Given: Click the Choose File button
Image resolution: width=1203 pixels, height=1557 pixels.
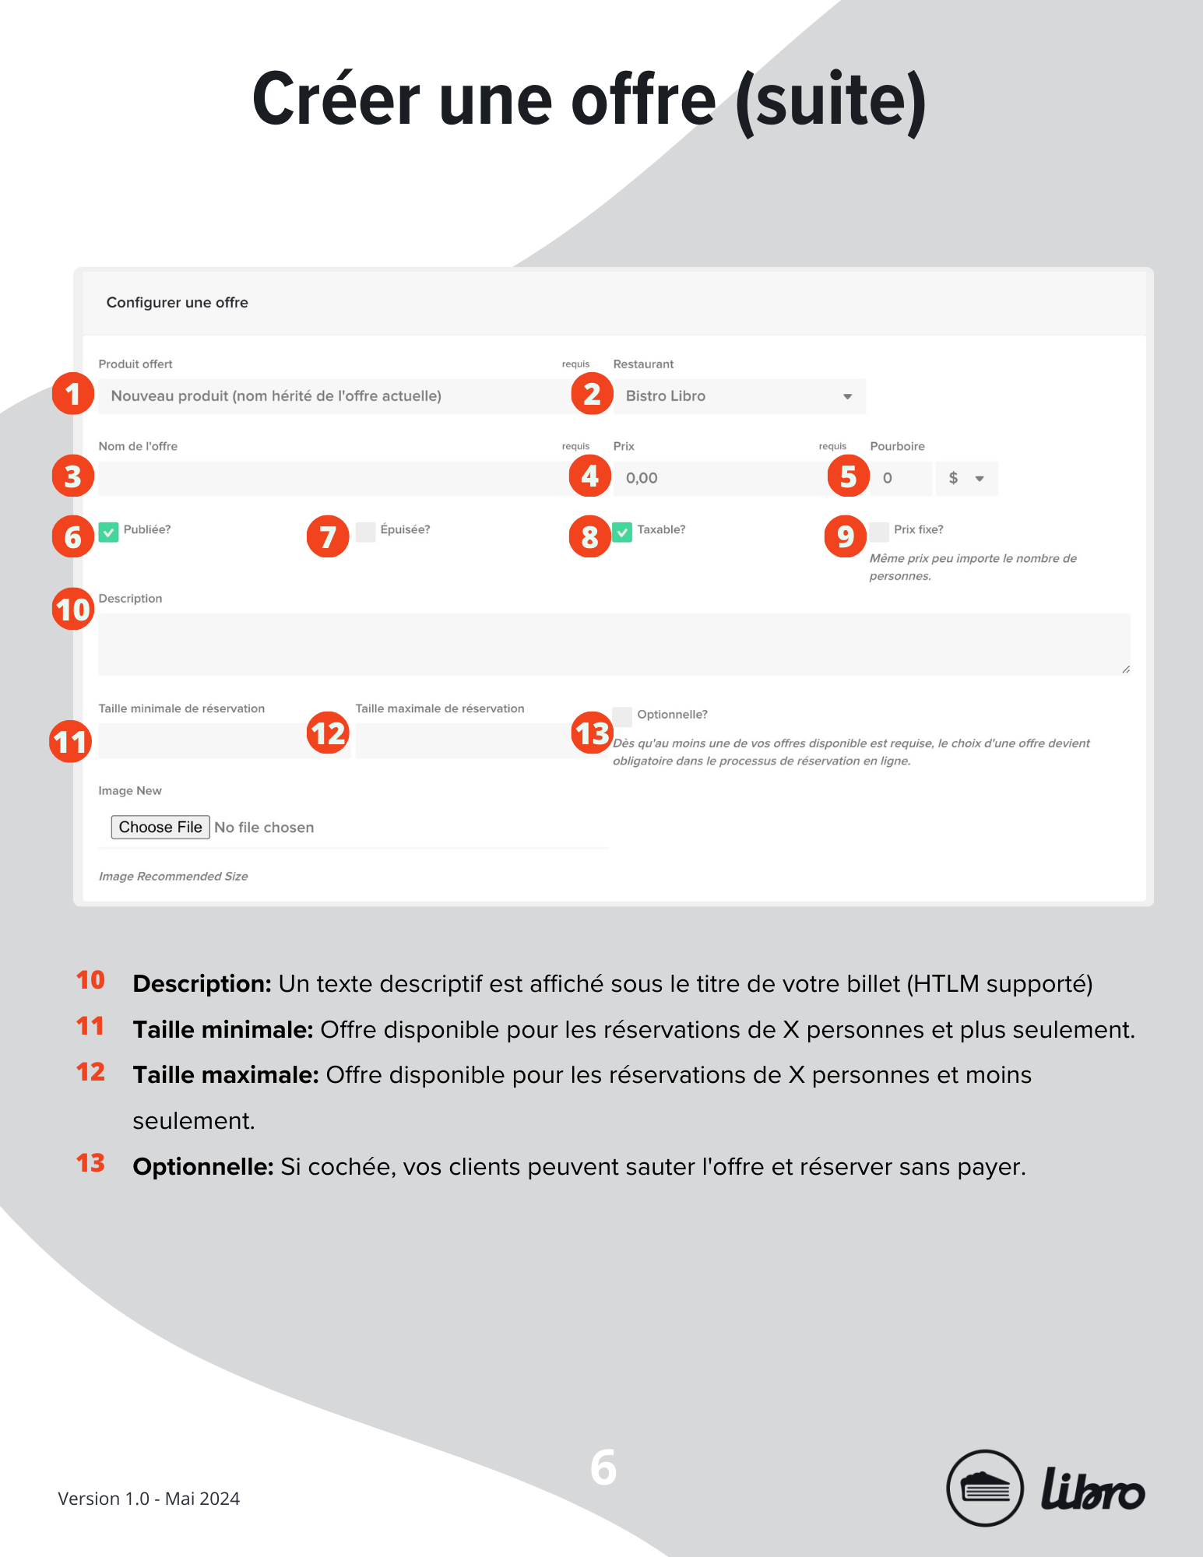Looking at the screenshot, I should pos(160,827).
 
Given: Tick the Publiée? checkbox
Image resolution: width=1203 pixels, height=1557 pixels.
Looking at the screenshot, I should pos(109,532).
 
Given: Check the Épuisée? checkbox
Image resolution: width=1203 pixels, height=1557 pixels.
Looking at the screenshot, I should pos(365,532).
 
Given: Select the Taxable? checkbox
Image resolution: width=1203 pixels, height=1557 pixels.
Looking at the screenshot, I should pos(622,532).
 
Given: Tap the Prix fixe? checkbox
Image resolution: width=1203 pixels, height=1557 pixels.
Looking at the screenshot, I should pos(879,532).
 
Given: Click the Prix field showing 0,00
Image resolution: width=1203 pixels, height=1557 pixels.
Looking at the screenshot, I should pos(716,478).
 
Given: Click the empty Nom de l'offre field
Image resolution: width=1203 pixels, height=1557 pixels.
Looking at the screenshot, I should pos(335,478).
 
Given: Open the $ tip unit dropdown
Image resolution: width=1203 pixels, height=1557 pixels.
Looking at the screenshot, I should pos(966,478).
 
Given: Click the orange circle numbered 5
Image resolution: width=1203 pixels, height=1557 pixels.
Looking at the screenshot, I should pos(848,476).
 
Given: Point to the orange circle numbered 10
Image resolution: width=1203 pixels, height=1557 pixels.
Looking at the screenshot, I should pos(73,609).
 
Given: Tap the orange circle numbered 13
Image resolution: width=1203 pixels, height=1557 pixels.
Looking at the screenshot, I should pos(592,733).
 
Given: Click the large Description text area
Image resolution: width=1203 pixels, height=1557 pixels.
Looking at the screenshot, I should pos(614,644).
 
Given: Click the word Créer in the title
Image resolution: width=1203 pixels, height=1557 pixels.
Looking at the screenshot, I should pos(336,100).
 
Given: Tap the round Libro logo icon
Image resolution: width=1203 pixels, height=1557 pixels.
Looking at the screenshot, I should pos(984,1488).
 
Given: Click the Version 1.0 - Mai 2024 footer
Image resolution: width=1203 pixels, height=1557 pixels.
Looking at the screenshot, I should pos(149,1499).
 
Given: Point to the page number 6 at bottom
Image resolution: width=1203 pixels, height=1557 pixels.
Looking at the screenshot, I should pos(603,1468).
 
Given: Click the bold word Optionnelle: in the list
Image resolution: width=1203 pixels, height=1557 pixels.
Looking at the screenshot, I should pos(202,1166).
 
